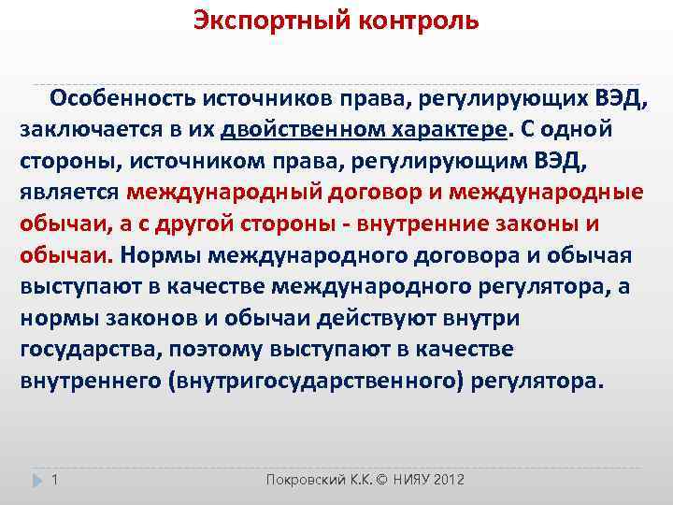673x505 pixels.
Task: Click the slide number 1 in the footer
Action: pos(55,480)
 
